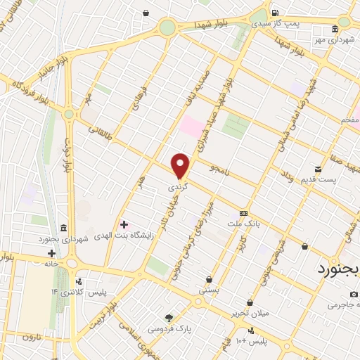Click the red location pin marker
tap(181, 166)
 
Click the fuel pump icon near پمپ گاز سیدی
tap(274, 13)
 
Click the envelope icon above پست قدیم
tap(318, 169)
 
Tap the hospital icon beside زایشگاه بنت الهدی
tap(124, 225)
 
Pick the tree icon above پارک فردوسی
tap(168, 317)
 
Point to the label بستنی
tap(209, 289)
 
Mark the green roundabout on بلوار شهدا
tap(167, 27)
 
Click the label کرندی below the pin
tap(177, 188)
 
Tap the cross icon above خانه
tap(51, 253)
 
